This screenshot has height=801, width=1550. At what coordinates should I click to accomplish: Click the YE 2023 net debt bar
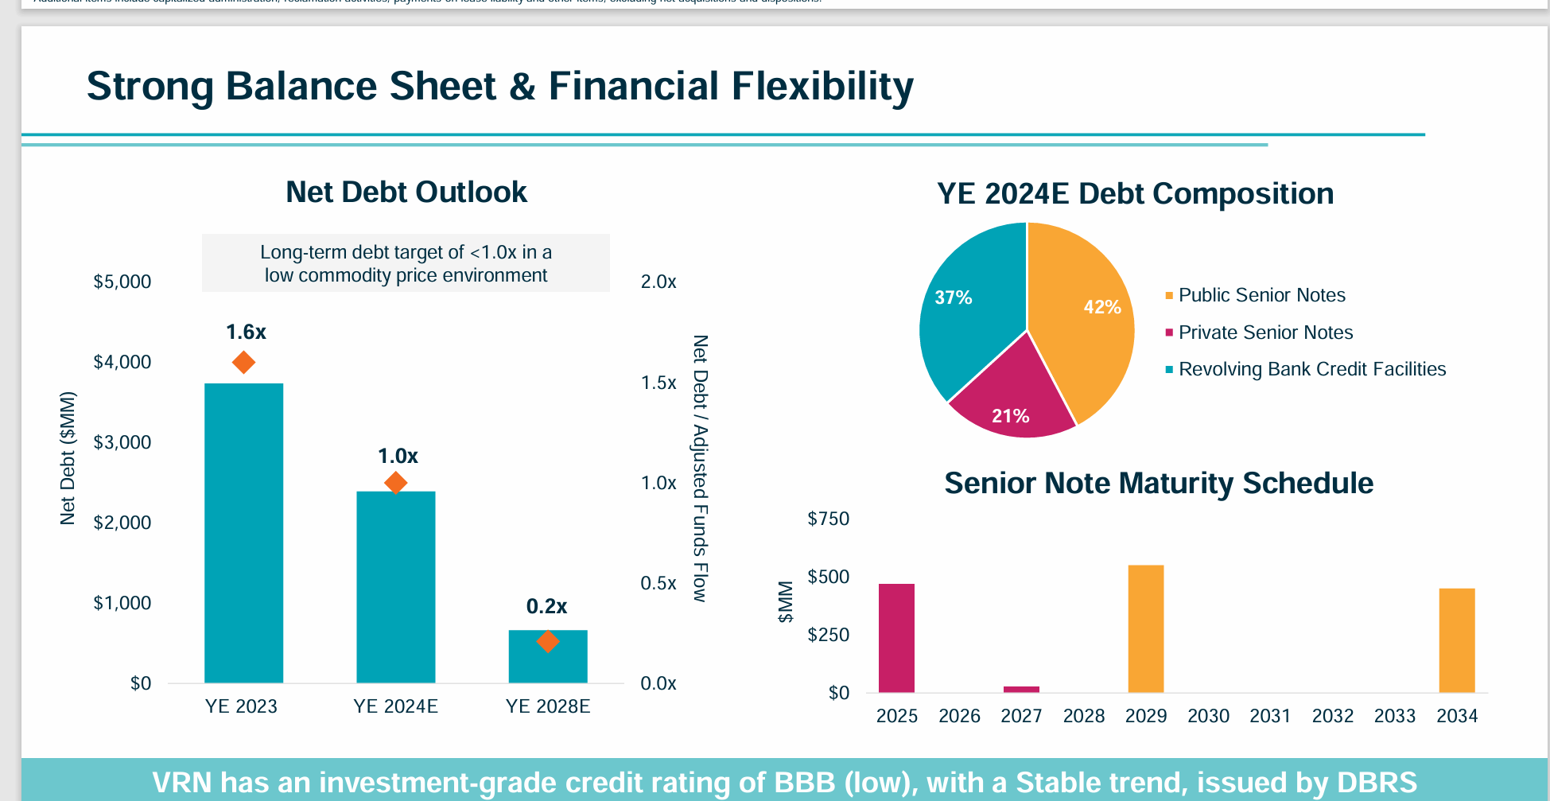(243, 533)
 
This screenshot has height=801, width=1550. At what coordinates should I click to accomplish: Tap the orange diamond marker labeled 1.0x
(395, 483)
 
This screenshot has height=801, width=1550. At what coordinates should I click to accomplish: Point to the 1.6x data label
(246, 332)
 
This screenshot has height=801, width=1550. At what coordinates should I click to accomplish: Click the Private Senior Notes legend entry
(1264, 332)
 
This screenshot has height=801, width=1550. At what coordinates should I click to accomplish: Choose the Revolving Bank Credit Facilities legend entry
(1311, 369)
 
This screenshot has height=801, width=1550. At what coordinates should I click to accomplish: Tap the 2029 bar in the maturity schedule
(1145, 628)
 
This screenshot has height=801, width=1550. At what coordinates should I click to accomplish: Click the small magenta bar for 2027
(1021, 689)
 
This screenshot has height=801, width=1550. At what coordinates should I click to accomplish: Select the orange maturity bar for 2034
(1456, 640)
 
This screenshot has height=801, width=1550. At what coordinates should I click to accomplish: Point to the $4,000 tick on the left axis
(122, 362)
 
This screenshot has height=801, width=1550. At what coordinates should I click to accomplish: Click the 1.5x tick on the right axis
(658, 383)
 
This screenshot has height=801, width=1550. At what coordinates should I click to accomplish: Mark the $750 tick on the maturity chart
(828, 519)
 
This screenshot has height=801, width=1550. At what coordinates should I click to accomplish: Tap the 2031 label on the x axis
(1270, 716)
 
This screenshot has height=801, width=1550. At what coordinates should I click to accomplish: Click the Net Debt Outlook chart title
(406, 192)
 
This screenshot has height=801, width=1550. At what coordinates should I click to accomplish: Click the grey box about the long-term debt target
(406, 263)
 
